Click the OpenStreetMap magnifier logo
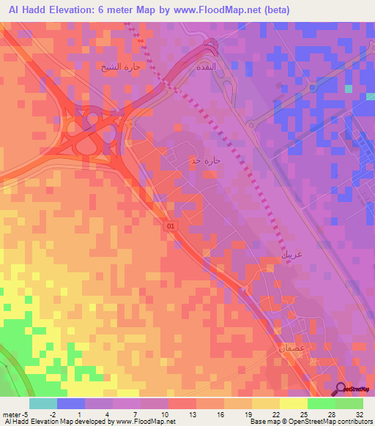point(341,389)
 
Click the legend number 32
point(359,414)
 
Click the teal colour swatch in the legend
point(42,403)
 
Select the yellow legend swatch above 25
point(293,403)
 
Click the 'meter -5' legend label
point(15,414)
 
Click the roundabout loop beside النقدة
point(212,48)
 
